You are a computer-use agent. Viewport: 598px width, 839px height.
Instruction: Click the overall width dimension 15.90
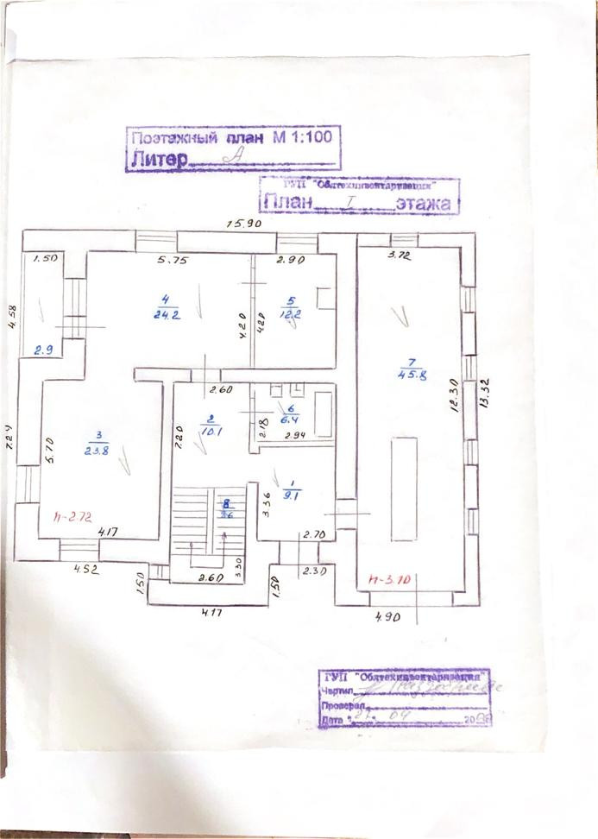click(x=243, y=224)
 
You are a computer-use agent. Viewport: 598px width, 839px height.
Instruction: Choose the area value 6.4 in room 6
click(x=291, y=419)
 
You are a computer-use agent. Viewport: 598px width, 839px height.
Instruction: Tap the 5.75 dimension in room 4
click(x=173, y=259)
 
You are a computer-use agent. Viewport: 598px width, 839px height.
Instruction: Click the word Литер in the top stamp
click(x=158, y=159)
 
